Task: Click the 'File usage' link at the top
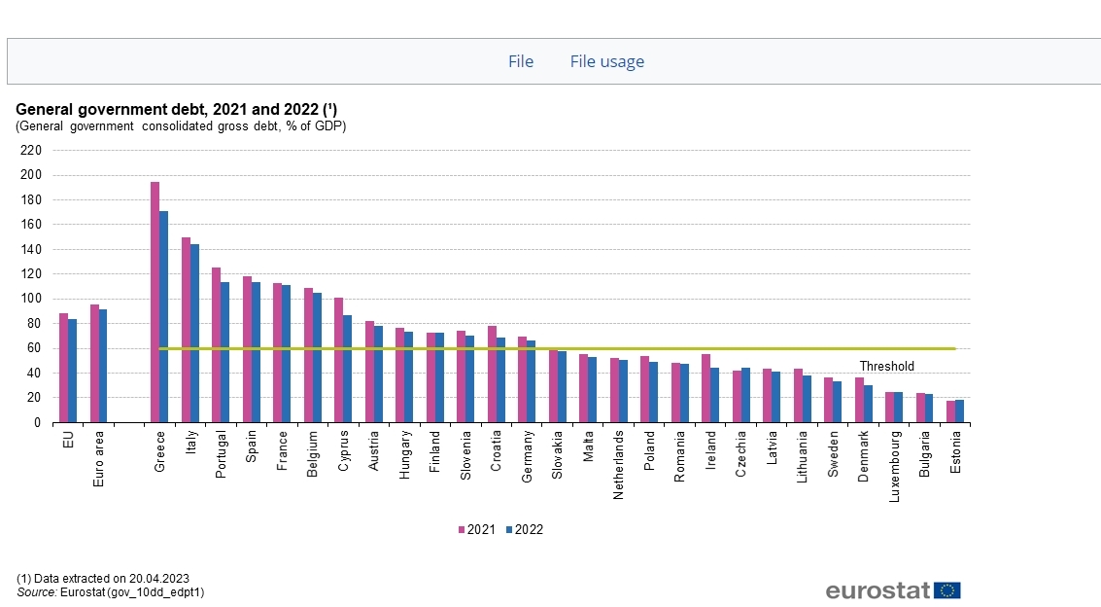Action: [x=606, y=61]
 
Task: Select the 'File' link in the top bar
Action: [x=521, y=61]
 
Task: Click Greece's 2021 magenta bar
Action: [x=155, y=302]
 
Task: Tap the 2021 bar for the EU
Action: [x=63, y=368]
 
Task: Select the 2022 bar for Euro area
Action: [x=103, y=366]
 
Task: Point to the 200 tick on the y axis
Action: [x=31, y=175]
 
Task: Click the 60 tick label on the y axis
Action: [x=34, y=348]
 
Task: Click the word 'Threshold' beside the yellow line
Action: [x=886, y=367]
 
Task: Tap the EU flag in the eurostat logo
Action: [x=947, y=590]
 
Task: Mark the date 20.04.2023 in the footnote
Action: [x=156, y=578]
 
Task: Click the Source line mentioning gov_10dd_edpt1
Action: [x=110, y=591]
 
